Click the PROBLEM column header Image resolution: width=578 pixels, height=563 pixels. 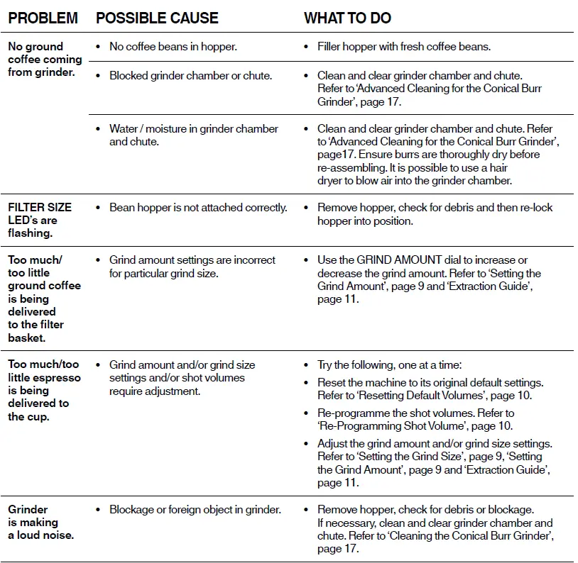click(43, 18)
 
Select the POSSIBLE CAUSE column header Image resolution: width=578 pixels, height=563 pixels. click(157, 18)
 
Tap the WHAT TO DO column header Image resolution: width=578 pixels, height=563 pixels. click(347, 18)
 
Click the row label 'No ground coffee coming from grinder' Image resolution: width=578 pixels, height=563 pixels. click(44, 60)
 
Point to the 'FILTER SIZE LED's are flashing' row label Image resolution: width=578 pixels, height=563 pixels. click(39, 220)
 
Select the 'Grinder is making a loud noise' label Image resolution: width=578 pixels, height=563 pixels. click(40, 523)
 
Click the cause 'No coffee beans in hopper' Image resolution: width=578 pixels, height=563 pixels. click(173, 47)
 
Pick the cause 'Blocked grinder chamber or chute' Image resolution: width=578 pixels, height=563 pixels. click(190, 75)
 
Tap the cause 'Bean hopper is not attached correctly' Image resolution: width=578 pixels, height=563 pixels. click(198, 208)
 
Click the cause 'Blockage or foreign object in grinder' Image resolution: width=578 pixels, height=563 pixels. click(195, 510)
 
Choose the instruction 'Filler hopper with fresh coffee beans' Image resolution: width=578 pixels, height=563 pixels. click(403, 47)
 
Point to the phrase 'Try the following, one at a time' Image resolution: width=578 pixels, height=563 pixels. click(389, 365)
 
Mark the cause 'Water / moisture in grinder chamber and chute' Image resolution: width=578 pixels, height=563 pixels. click(193, 135)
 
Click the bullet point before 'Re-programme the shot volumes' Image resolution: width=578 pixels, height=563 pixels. click(307, 413)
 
